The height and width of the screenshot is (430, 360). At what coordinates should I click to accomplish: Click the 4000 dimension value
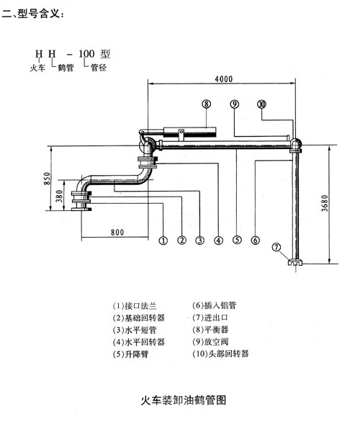tap(223, 79)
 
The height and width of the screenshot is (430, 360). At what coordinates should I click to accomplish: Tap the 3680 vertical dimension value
tap(325, 203)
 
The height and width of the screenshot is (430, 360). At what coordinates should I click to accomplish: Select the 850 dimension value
tap(47, 178)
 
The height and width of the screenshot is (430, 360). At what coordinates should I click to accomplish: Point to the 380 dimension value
tap(59, 196)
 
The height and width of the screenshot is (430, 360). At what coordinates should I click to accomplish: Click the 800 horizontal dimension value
tap(117, 232)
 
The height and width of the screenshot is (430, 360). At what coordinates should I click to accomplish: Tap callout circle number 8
tap(206, 104)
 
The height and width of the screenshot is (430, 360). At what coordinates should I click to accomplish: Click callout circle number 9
tap(235, 104)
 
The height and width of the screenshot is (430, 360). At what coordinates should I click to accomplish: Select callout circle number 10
tap(261, 104)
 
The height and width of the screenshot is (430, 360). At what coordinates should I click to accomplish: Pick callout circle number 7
tap(276, 247)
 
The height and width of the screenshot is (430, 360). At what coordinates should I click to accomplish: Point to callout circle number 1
tap(163, 241)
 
